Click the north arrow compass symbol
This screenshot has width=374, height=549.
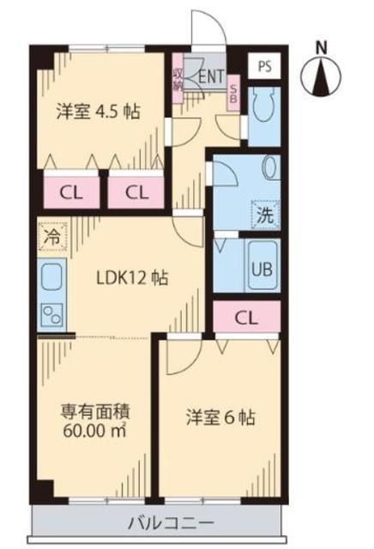point(323,76)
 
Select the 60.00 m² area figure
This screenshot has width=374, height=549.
point(94,429)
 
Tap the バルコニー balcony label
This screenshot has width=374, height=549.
point(159,522)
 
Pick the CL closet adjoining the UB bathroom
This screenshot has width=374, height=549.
point(246,317)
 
